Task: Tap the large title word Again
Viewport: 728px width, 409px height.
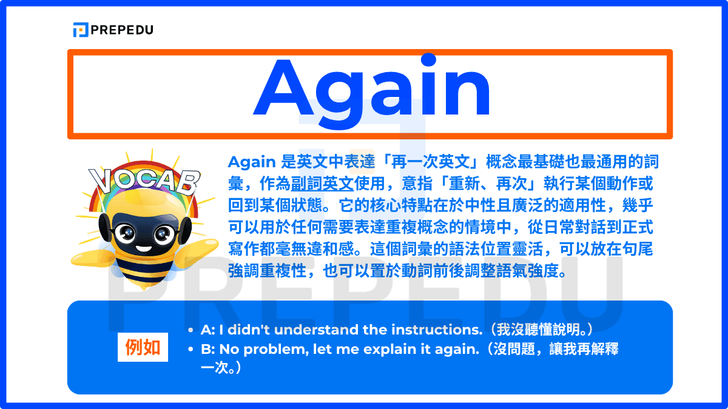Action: pos(371,89)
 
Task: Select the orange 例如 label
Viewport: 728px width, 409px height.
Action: pos(143,348)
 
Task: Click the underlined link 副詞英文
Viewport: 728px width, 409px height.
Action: pos(322,182)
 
